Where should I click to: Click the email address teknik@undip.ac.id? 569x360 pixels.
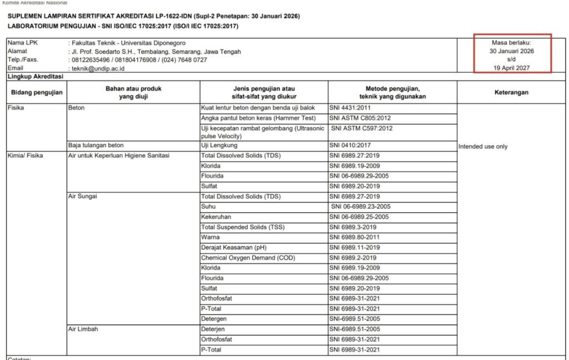tap(97, 68)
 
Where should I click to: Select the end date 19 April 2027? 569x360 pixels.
tap(511, 68)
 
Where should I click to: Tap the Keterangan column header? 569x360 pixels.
tap(511, 92)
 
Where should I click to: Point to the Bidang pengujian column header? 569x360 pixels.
tap(36, 92)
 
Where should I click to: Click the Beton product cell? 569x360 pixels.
tap(76, 108)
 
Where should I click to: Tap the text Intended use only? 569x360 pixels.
tap(483, 147)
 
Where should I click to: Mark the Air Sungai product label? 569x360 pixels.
tap(82, 196)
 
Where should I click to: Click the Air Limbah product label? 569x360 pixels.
tap(83, 329)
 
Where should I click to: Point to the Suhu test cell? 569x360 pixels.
tap(208, 207)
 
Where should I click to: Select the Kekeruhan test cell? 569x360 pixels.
tap(216, 217)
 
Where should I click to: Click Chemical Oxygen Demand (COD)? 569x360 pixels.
tap(248, 258)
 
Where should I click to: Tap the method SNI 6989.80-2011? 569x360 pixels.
tap(355, 237)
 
